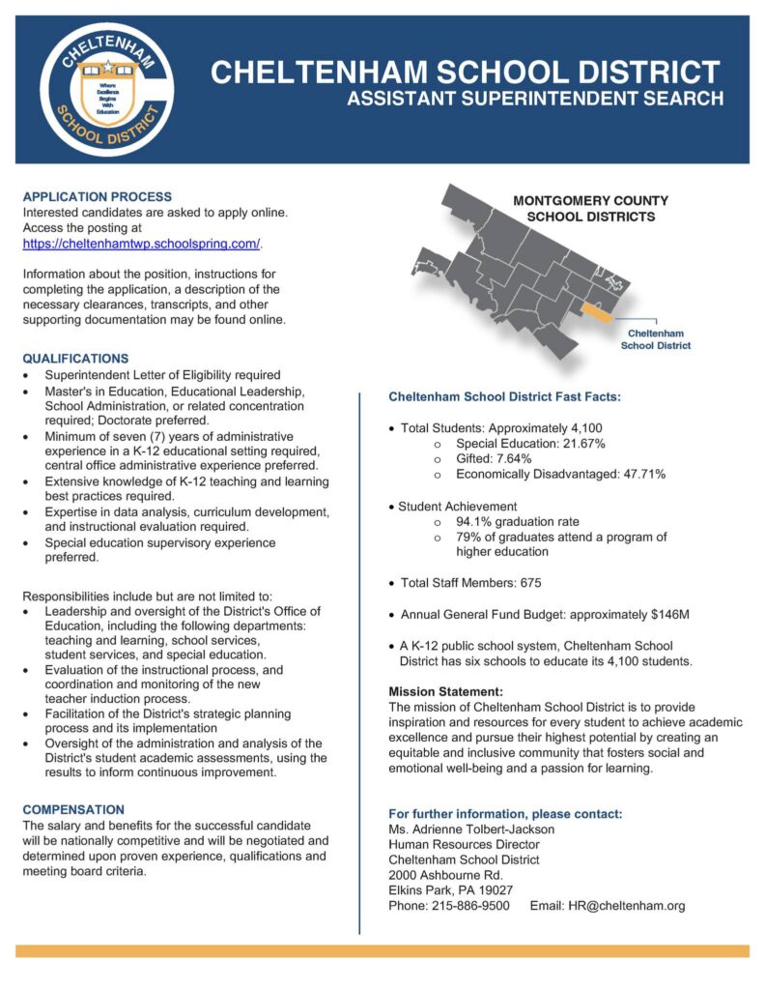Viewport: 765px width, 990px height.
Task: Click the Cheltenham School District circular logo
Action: point(107,88)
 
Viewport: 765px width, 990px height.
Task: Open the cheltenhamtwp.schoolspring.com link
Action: point(141,243)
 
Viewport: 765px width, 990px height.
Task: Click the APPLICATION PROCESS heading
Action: point(97,196)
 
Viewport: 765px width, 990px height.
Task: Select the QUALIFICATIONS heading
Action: point(75,359)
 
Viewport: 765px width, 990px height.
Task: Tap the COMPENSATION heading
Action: point(73,809)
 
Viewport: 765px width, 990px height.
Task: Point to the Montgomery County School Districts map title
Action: point(590,209)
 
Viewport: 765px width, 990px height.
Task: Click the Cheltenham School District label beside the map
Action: point(655,339)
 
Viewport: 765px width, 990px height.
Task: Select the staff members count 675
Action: point(530,583)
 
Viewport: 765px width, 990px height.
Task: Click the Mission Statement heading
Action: point(445,692)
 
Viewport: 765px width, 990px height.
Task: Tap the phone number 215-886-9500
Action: point(467,906)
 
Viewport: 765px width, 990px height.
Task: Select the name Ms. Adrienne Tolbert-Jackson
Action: point(471,829)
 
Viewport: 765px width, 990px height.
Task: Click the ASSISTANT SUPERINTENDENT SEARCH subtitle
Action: point(535,99)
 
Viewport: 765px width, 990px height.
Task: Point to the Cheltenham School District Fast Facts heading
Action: point(504,397)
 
